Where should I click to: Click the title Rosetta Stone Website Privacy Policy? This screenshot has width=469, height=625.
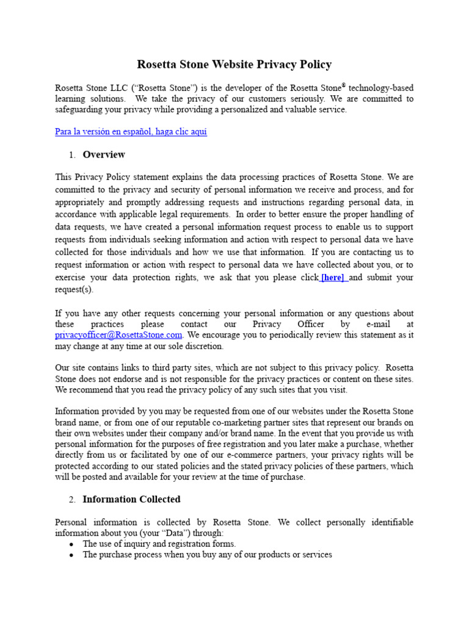tap(234, 65)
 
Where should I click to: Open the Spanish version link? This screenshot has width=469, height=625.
tap(131, 132)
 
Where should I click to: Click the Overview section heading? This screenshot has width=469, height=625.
tap(104, 154)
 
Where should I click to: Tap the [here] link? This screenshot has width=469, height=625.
tap(333, 278)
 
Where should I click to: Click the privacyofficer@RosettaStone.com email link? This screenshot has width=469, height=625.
tap(118, 335)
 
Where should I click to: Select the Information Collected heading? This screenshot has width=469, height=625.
tap(131, 499)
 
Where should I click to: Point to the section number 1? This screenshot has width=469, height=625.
tap(71, 155)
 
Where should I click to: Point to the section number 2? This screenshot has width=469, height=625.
tap(71, 500)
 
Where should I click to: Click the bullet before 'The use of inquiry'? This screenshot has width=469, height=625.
tap(71, 544)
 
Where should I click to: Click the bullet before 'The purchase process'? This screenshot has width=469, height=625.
tap(71, 555)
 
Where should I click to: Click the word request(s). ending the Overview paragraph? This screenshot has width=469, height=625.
tap(75, 289)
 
